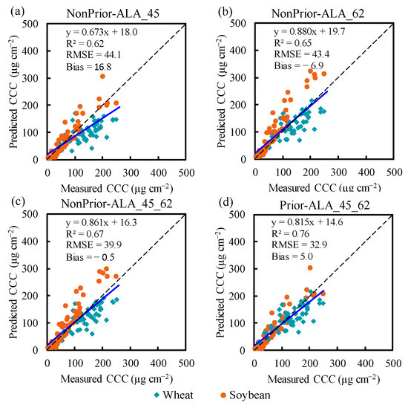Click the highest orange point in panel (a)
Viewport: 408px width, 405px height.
pos(102,77)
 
